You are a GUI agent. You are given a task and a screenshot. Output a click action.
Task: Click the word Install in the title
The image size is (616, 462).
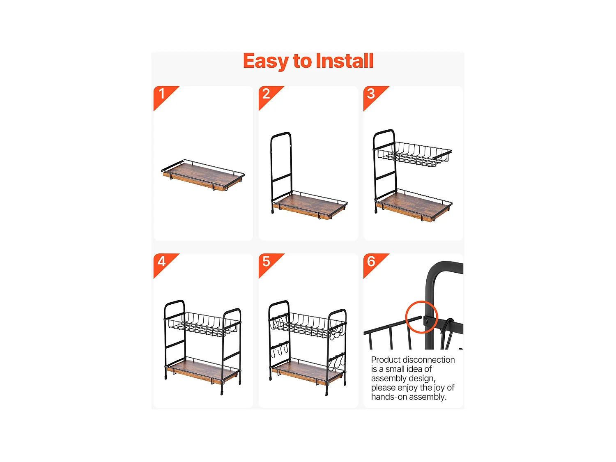[x=344, y=61]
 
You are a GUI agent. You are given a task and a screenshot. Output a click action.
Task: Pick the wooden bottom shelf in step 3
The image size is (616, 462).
[x=413, y=207]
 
